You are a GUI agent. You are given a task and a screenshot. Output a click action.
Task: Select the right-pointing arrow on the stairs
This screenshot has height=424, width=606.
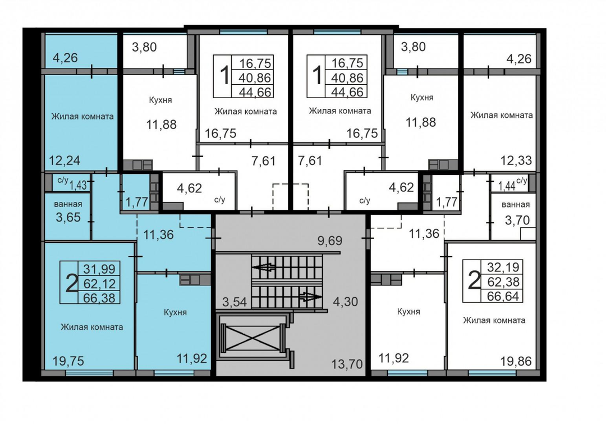click(310, 297)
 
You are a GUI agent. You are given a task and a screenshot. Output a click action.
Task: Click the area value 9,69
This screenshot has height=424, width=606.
click(330, 241)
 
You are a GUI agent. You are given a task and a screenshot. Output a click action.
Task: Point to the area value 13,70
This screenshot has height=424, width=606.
click(347, 364)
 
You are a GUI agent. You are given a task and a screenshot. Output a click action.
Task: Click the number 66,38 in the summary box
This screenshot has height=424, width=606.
click(99, 297)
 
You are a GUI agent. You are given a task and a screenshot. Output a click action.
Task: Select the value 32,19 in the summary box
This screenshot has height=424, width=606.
click(503, 267)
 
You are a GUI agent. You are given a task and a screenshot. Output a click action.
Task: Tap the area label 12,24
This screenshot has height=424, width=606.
click(65, 160)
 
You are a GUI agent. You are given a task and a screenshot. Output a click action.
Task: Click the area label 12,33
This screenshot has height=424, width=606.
click(516, 160)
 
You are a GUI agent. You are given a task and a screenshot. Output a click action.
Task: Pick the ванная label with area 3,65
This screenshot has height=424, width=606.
click(68, 204)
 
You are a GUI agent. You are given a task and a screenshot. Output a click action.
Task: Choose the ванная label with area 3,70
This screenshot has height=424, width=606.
click(516, 205)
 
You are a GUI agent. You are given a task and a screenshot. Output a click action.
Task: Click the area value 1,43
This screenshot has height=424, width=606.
click(79, 185)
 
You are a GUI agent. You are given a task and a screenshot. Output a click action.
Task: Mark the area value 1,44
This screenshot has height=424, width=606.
click(507, 186)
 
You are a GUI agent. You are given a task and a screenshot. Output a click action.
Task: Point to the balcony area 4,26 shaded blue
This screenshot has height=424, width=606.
click(65, 58)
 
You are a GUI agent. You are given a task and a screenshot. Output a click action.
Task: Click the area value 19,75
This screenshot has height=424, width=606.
click(68, 361)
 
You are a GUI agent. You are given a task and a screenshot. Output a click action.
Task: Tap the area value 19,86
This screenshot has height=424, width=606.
click(516, 361)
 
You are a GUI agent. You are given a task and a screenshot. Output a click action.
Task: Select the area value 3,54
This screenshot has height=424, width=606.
click(234, 302)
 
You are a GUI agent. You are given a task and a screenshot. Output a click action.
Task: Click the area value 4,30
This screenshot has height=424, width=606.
click(345, 301)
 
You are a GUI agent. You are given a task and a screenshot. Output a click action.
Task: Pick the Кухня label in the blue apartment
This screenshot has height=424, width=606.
click(175, 312)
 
